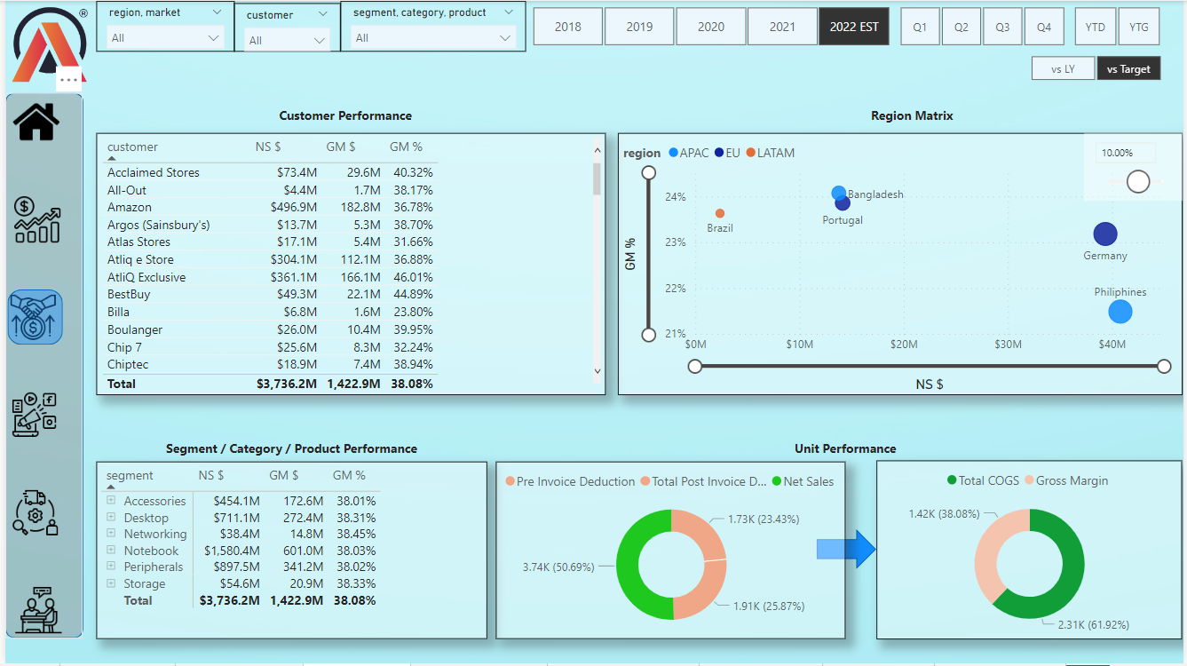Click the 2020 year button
pos(710,27)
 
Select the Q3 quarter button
pos(1002,27)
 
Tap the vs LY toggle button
pos(1063,68)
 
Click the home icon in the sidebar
pos(36,122)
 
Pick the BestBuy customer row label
pos(129,294)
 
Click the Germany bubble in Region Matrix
pos(1104,234)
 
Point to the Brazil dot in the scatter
pos(720,213)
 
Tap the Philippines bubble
pos(1120,312)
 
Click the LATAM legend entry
pos(770,153)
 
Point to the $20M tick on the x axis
pos(904,345)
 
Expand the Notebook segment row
pos(111,550)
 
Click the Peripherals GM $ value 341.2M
pos(302,567)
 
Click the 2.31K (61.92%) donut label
pos(1093,624)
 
